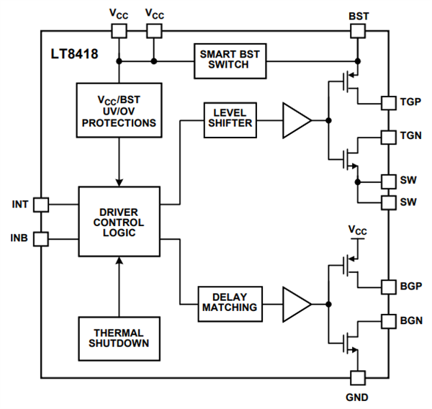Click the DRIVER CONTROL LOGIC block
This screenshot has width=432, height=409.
pos(118,221)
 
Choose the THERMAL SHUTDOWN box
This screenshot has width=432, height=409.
pos(118,338)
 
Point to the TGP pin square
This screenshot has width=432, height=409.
pos(387,102)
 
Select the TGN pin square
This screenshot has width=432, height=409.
pos(387,136)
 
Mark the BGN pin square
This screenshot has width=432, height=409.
pos(387,320)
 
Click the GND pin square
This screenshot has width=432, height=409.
pos(358,377)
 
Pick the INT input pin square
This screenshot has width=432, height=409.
pos(41,204)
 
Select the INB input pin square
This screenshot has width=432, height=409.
pos(41,238)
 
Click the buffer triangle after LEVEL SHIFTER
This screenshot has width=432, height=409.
pos(295,119)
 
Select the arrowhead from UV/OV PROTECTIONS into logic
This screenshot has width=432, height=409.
pos(118,180)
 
